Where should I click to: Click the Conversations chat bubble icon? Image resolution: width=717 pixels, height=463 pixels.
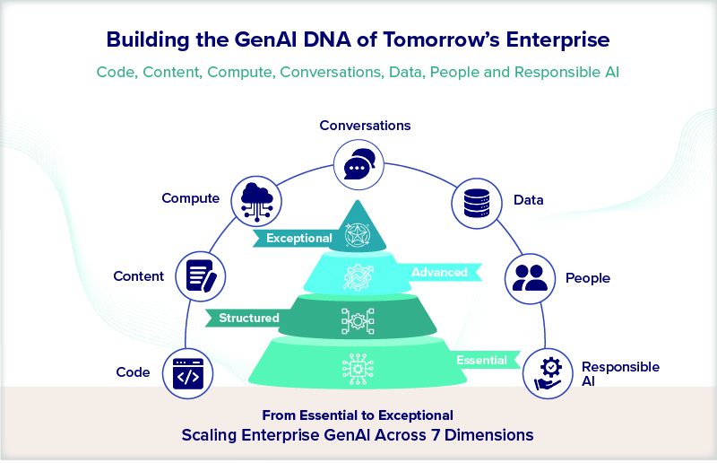[358, 166]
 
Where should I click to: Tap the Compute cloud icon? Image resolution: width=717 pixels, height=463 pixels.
[256, 198]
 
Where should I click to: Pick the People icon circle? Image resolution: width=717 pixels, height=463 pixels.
[531, 277]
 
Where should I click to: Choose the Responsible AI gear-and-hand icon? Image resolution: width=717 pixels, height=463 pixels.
[547, 371]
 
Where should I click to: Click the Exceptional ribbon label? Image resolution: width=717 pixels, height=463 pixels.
[298, 239]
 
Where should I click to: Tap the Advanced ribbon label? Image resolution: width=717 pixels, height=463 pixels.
[439, 272]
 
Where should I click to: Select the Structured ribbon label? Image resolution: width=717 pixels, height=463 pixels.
[248, 318]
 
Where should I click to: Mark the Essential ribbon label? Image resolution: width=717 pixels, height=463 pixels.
[481, 361]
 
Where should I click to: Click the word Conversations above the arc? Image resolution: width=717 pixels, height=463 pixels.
[365, 126]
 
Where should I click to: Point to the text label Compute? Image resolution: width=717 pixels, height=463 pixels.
[190, 198]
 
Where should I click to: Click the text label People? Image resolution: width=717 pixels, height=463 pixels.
[587, 278]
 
